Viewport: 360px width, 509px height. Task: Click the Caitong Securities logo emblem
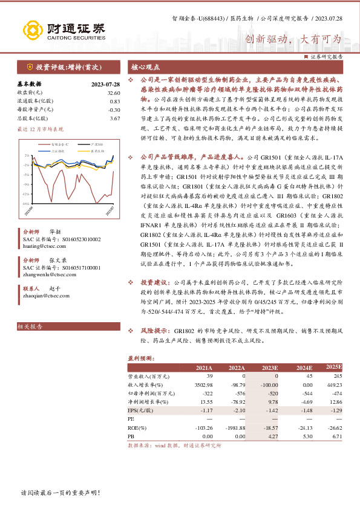tap(32, 30)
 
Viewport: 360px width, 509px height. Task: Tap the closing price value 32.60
tap(113, 92)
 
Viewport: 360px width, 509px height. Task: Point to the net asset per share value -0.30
tap(114, 110)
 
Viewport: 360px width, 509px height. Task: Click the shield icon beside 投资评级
tap(29, 67)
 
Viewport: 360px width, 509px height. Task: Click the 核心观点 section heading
tap(146, 66)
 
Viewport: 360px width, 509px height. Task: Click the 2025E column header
tap(334, 368)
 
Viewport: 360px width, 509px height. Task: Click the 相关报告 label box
tap(30, 326)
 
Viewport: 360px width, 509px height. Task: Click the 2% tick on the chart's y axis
tap(26, 155)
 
